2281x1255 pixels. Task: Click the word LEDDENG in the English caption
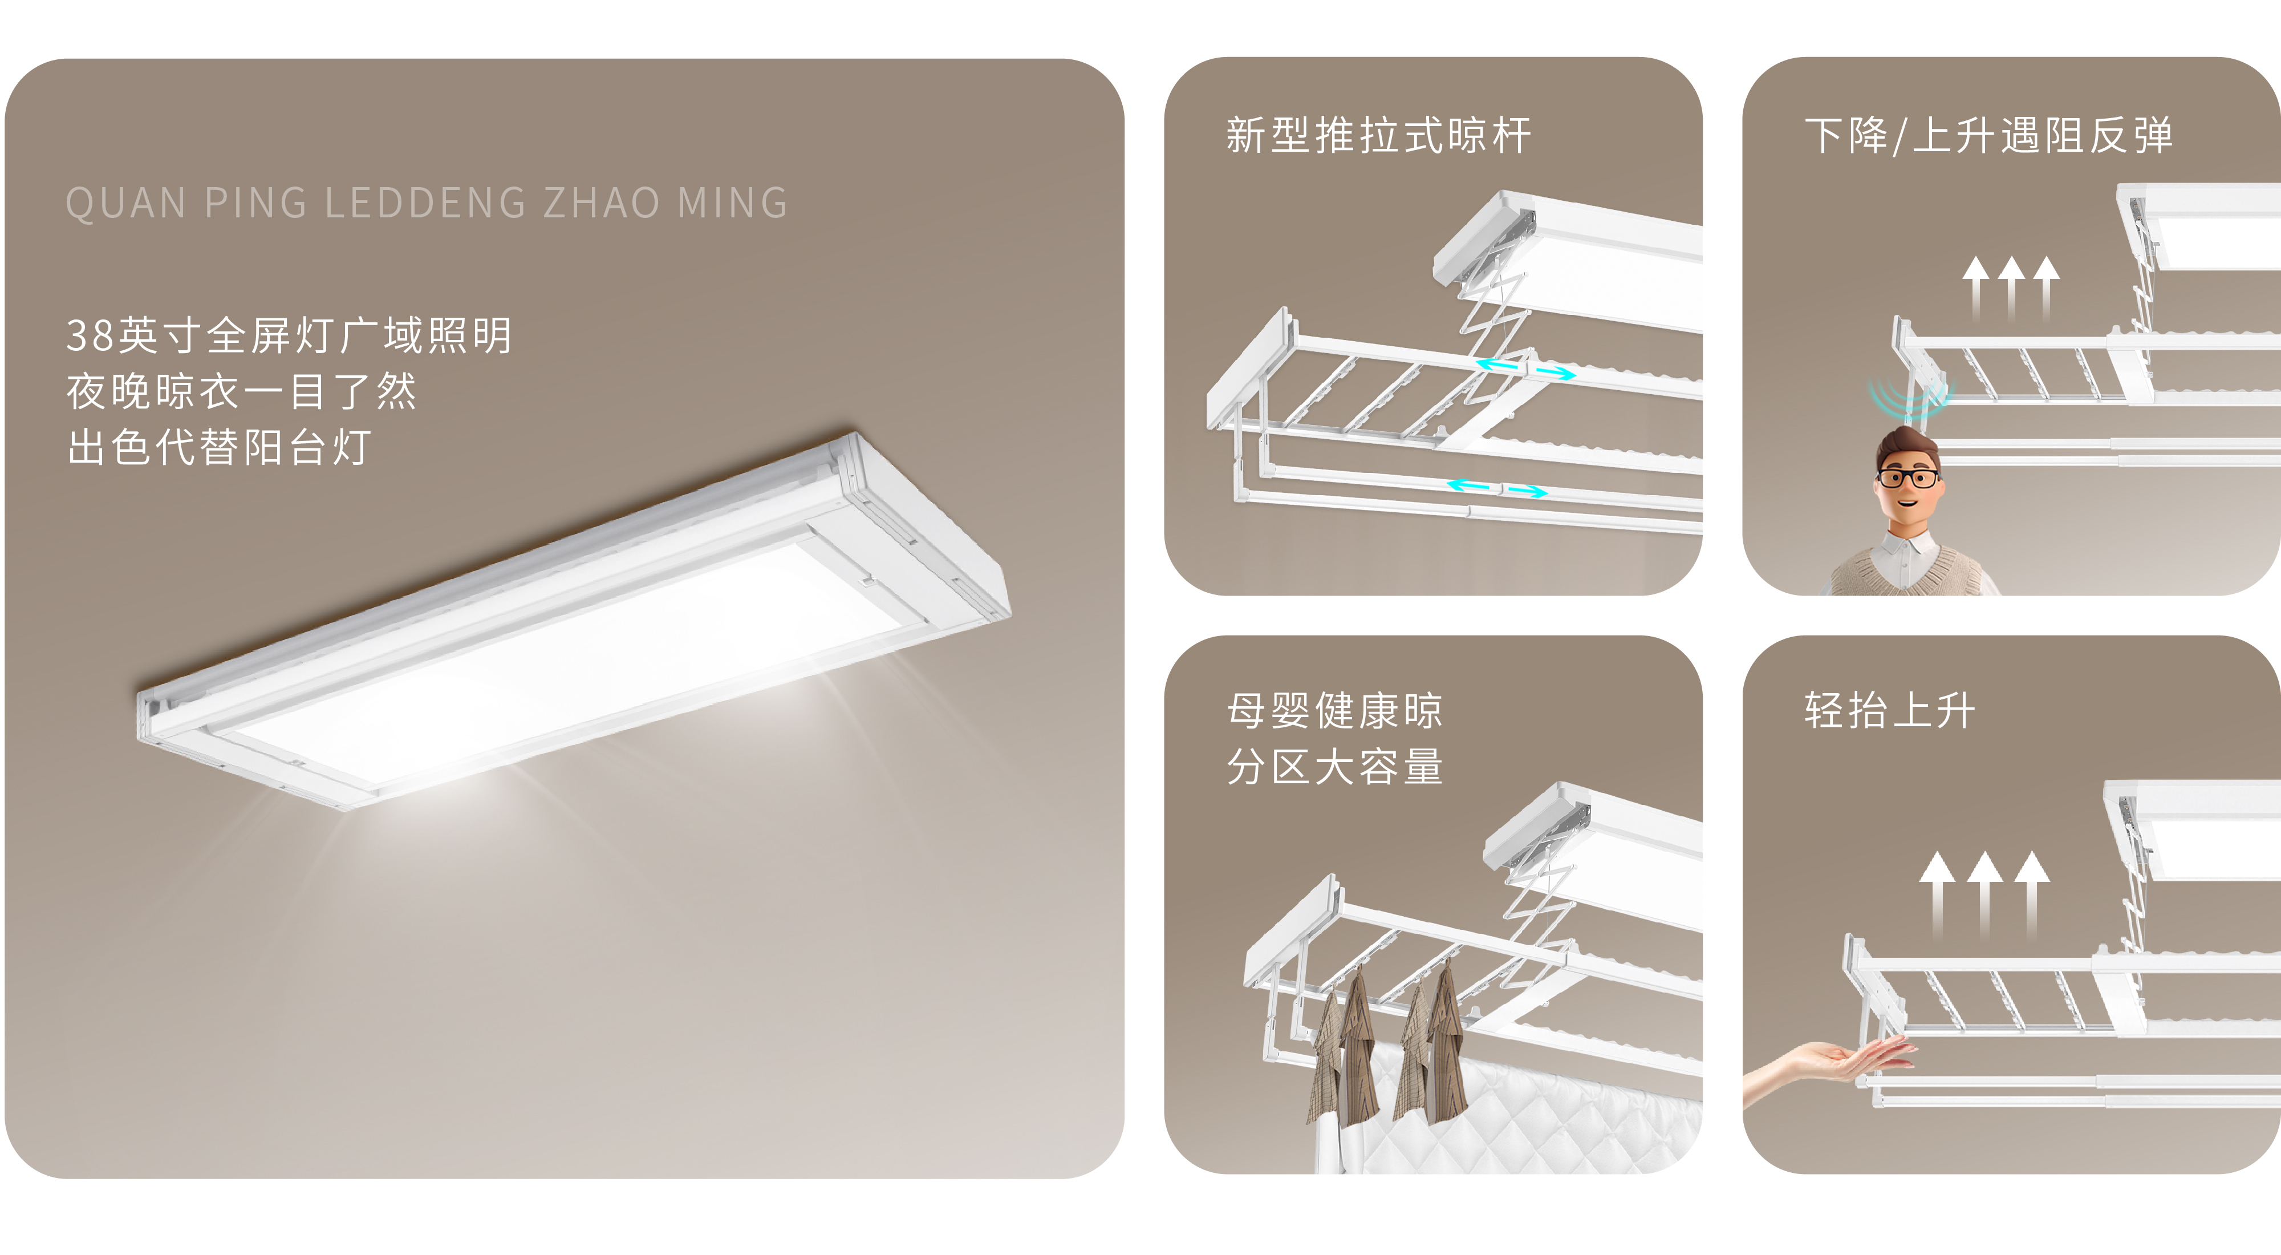pos(426,203)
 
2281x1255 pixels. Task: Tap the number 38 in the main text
pos(90,335)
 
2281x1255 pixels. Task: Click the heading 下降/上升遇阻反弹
pos(1988,136)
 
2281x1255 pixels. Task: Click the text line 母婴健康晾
pos(1334,710)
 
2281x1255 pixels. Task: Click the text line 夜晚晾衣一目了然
pos(241,391)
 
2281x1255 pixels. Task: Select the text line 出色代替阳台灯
pos(219,447)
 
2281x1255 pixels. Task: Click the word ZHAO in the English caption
pos(601,203)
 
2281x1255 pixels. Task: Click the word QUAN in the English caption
pos(125,203)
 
